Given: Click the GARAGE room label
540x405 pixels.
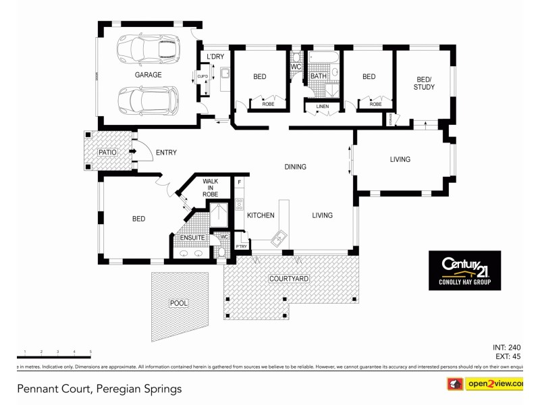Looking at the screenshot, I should (x=148, y=75).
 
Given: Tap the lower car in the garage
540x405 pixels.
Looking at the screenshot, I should (x=148, y=101).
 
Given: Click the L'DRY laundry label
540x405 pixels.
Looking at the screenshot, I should (x=215, y=56).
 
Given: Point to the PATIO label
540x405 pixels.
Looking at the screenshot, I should (x=107, y=153).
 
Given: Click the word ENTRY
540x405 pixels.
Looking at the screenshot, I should (x=166, y=153).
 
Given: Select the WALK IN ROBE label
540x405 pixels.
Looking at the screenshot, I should (x=211, y=188).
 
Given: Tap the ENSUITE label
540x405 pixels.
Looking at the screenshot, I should (x=192, y=238).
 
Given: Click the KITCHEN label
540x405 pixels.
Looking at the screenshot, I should (x=260, y=215).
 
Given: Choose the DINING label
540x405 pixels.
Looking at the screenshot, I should (x=295, y=167).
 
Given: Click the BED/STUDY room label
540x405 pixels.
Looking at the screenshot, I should (x=423, y=83).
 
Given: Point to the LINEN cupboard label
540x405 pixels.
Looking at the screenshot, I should (x=323, y=107).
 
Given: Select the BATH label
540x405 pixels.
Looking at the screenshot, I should (x=319, y=76).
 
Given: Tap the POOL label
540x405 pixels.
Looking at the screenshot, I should (x=178, y=304).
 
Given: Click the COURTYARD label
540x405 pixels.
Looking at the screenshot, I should (x=289, y=278).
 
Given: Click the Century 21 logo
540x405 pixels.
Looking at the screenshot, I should (x=465, y=270).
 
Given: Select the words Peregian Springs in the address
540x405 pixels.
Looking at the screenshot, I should (x=139, y=389).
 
